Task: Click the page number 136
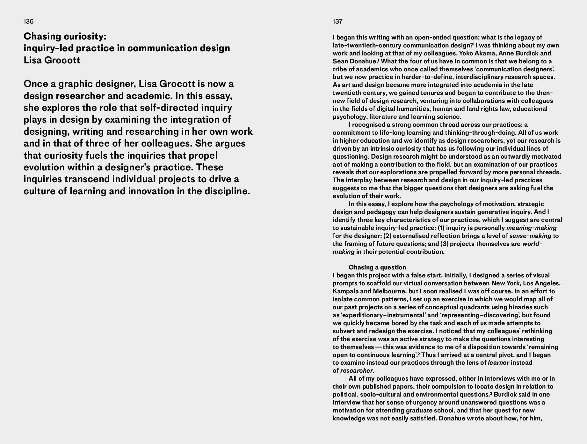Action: (x=28, y=21)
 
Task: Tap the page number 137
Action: (x=337, y=21)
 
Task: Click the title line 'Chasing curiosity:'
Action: (x=65, y=36)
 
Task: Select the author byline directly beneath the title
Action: (x=52, y=60)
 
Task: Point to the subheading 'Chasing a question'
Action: (x=377, y=267)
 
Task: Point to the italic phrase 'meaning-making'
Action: (x=531, y=228)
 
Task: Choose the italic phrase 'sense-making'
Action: (x=530, y=236)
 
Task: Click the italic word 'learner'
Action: (x=498, y=362)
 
